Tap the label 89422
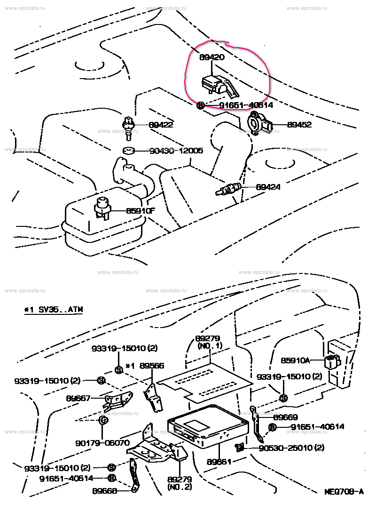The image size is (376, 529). (x=161, y=125)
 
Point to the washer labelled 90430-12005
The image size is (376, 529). (x=128, y=151)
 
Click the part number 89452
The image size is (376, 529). (x=299, y=125)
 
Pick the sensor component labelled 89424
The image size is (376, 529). (x=229, y=189)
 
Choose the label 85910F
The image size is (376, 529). (x=140, y=211)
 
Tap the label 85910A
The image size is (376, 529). (x=295, y=361)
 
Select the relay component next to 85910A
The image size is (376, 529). (x=332, y=361)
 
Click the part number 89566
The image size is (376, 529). (x=151, y=365)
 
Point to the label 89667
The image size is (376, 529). (x=78, y=398)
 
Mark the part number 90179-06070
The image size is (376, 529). (x=102, y=443)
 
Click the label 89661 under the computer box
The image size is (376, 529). (x=219, y=462)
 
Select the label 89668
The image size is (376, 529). (x=104, y=490)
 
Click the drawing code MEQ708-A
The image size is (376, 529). (x=344, y=492)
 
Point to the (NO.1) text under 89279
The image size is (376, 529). (x=207, y=345)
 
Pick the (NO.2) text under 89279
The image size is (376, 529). (x=180, y=487)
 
